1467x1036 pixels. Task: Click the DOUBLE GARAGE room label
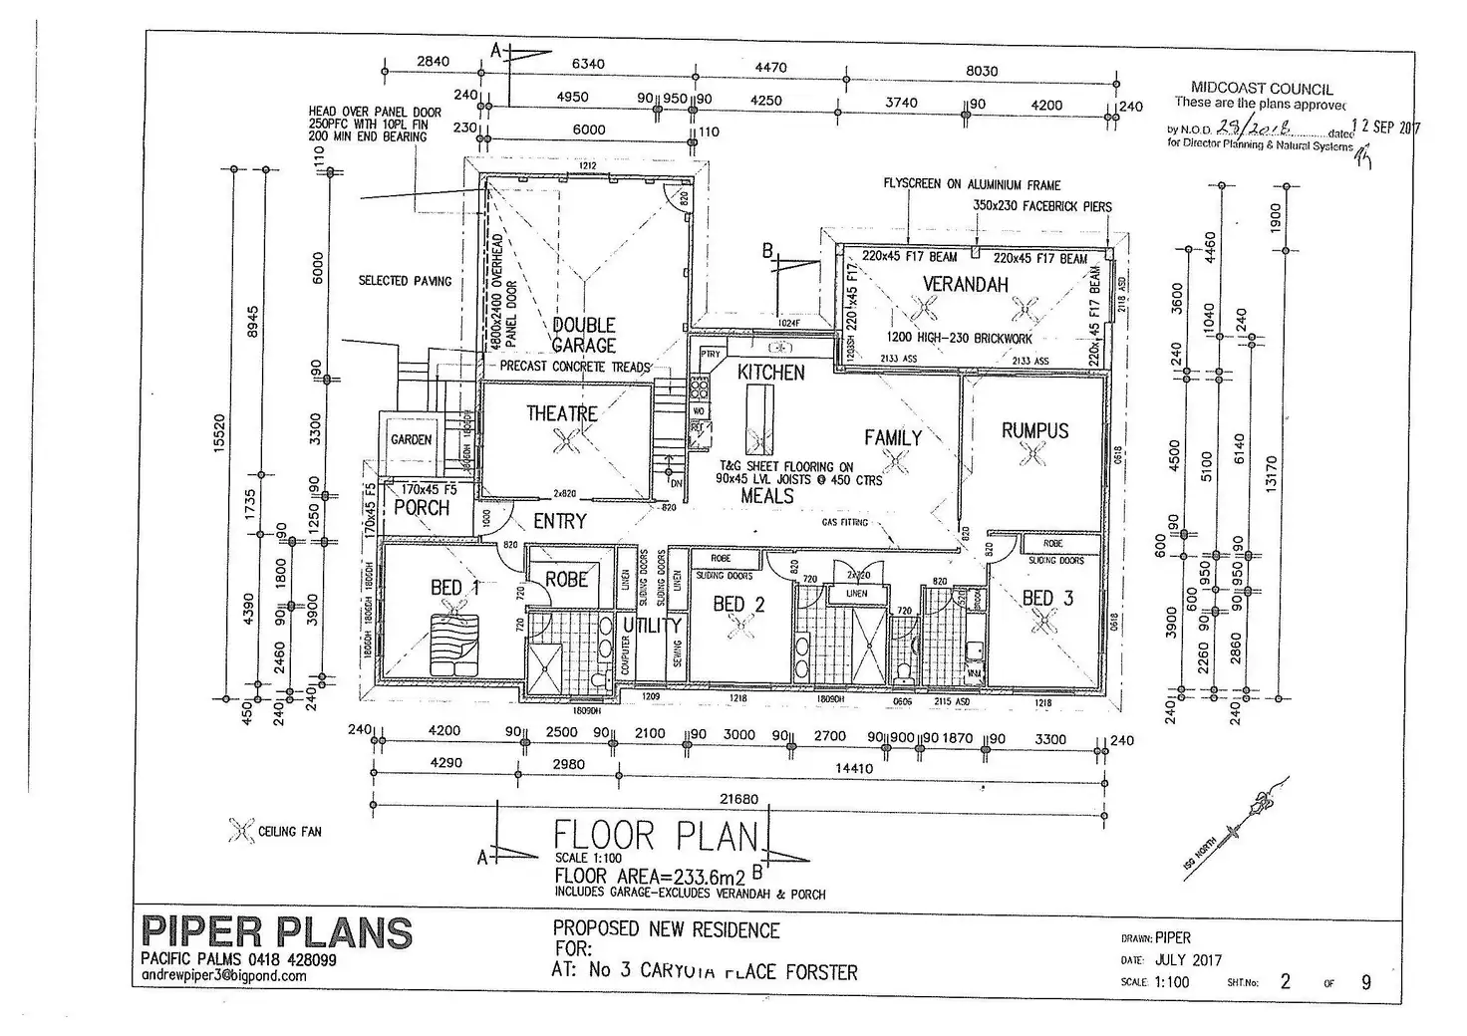point(584,335)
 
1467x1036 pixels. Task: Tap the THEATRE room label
point(562,413)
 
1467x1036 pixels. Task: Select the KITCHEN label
point(771,373)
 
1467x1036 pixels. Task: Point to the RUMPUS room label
point(1034,430)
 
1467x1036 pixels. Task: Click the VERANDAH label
point(965,285)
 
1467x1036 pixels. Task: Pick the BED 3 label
point(1047,598)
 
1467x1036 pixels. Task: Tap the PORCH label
point(422,508)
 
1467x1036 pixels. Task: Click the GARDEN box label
point(411,439)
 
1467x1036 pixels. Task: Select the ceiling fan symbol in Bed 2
point(738,626)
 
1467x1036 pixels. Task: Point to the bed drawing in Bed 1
point(454,639)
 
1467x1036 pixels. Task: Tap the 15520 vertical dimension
point(220,433)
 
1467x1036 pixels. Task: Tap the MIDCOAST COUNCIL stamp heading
point(1262,89)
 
